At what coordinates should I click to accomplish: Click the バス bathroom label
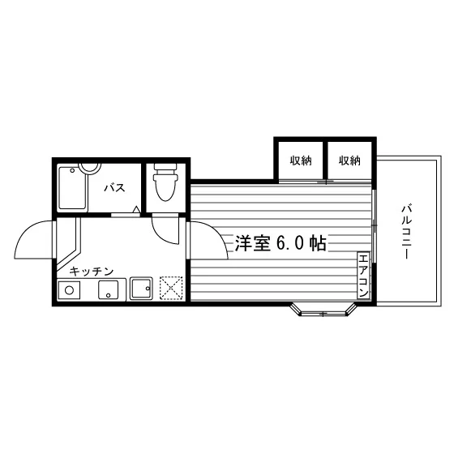tap(114, 187)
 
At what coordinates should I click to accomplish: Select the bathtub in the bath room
tap(73, 187)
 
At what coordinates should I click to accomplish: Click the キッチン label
tap(92, 272)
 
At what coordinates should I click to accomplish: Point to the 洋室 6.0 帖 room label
tap(281, 243)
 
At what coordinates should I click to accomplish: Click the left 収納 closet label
tap(301, 161)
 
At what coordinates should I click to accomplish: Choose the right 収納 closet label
tap(349, 161)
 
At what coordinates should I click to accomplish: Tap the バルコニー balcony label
tap(406, 232)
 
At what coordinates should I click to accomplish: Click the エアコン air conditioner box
tap(363, 275)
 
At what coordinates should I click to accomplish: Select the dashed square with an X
tap(171, 288)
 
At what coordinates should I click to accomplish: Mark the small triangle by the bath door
tap(136, 209)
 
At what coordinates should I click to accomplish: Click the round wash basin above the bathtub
tap(89, 169)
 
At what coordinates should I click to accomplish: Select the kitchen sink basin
tap(141, 288)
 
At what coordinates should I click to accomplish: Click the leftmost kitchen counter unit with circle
tap(69, 290)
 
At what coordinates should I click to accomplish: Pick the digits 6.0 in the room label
tap(290, 243)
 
